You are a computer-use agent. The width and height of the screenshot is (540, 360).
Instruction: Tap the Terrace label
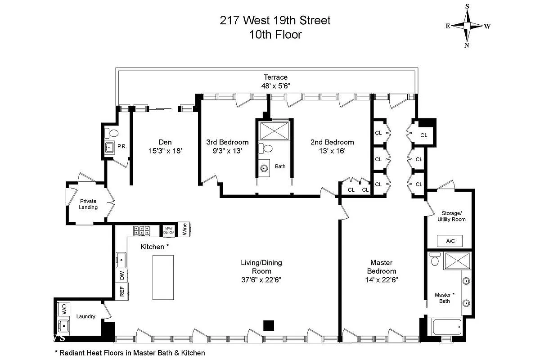tap(275, 77)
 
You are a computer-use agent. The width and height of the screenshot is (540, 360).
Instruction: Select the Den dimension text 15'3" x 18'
tap(165, 151)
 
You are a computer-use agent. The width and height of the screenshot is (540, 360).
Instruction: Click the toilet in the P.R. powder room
tap(113, 133)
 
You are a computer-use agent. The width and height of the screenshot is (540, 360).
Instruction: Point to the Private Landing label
tap(89, 204)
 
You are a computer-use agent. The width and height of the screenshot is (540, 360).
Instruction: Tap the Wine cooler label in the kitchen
tap(184, 230)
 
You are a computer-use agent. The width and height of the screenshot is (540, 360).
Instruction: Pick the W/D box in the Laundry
tap(64, 309)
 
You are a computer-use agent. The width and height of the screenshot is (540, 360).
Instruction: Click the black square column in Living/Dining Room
tap(269, 325)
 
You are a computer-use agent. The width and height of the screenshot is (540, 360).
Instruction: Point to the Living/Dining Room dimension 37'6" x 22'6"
tap(261, 279)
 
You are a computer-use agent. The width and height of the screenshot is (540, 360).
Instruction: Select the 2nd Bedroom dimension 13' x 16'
tap(332, 151)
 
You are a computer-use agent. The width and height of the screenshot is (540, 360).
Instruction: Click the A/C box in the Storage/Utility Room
tap(450, 241)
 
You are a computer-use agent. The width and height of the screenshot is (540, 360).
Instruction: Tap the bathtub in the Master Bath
tap(446, 327)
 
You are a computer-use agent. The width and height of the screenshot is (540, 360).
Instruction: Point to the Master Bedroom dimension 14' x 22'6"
tap(382, 279)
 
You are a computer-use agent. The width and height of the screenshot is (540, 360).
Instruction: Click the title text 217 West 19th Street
tap(275, 20)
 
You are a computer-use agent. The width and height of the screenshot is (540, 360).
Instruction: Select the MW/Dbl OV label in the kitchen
tap(168, 230)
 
